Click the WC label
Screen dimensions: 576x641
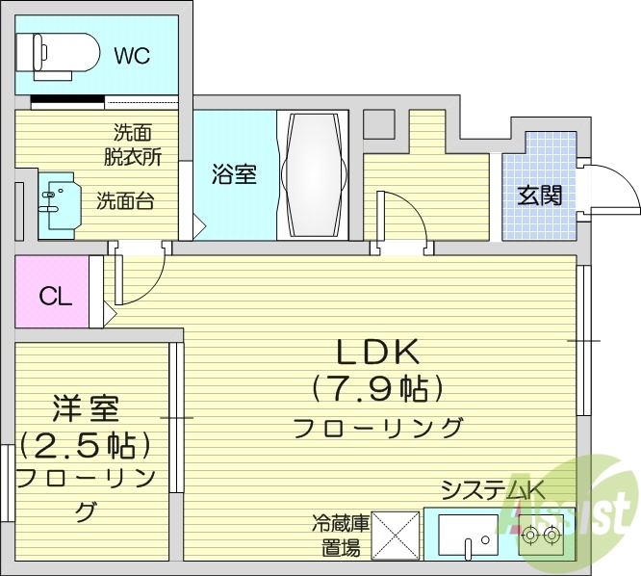(133, 55)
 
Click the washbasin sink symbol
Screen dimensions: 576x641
(57, 203)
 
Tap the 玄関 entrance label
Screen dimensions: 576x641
(540, 195)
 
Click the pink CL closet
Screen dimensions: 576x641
(53, 294)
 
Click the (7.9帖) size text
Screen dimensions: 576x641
(376, 388)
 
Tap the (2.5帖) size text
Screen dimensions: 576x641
(85, 445)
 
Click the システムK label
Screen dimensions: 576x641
(492, 490)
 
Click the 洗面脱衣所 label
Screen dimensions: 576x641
(132, 142)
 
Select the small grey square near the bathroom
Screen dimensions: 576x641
(378, 124)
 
